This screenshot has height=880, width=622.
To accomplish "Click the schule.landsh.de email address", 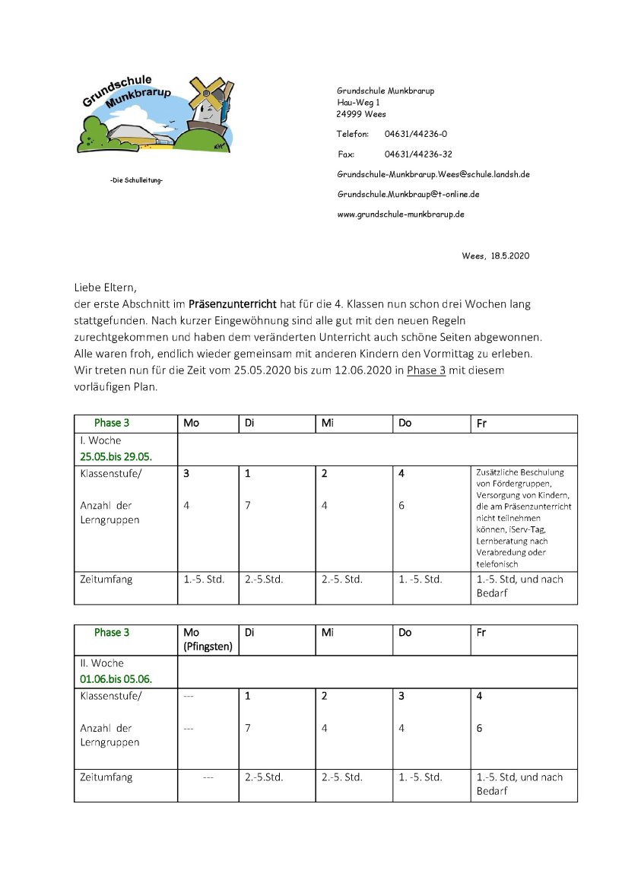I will tap(433, 174).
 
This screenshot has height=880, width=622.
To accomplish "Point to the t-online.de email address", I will tap(408, 194).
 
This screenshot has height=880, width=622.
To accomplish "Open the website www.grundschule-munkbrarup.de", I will tap(400, 214).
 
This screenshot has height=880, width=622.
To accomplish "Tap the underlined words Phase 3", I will tap(426, 370).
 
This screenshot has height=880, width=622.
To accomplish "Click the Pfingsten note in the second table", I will tap(208, 646).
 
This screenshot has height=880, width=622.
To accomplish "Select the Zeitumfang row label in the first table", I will tap(106, 580).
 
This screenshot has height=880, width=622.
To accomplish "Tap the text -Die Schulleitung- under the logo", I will tap(137, 180).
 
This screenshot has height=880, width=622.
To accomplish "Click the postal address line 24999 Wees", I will tap(361, 114).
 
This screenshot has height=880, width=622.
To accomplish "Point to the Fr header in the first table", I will tap(481, 423).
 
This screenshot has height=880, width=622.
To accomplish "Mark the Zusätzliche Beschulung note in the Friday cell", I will tap(523, 517).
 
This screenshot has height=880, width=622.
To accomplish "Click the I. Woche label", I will tap(100, 440).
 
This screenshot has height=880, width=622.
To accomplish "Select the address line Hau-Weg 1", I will tap(358, 102).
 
